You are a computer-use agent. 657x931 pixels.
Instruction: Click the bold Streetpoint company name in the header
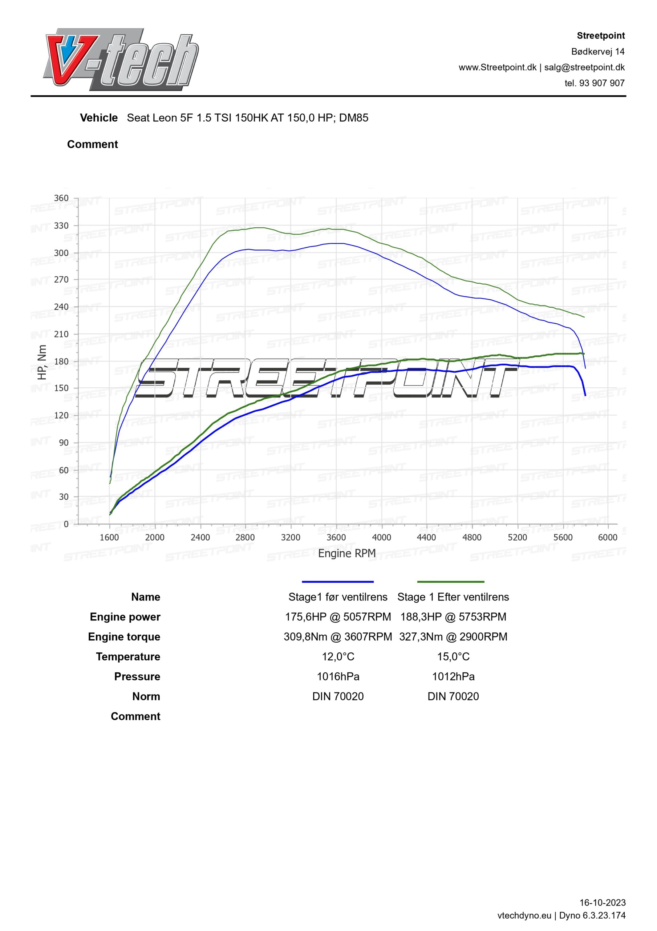pos(601,36)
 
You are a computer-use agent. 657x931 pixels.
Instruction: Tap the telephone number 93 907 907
pos(602,83)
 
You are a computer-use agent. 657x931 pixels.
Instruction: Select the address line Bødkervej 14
pos(598,52)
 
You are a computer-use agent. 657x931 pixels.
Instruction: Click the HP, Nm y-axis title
pos(42,362)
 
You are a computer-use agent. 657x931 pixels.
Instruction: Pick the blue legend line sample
pos(338,582)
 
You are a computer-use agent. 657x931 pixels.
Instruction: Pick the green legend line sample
pos(450,582)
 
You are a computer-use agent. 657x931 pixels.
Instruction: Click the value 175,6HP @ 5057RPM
pos(338,617)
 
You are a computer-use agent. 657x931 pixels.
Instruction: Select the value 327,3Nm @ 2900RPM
pos(453,637)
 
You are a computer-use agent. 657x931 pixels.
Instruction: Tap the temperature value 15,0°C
pos(453,656)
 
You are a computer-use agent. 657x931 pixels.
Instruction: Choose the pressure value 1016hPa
pos(338,676)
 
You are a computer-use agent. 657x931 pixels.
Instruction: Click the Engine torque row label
pos(124,637)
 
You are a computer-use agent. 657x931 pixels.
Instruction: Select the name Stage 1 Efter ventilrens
pos(453,597)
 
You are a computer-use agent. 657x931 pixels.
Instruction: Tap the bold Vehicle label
pos(99,118)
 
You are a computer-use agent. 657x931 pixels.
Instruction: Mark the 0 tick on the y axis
pos(66,524)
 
